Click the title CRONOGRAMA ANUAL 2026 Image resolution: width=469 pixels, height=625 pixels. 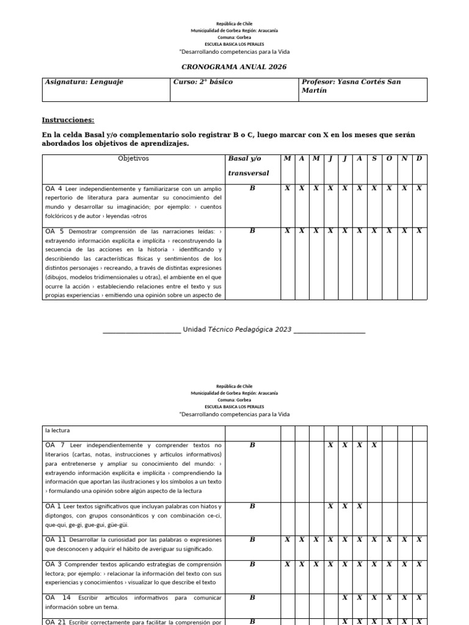234,67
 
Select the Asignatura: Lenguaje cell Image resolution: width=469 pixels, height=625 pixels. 84,82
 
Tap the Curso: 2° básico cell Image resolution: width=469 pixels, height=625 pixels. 202,82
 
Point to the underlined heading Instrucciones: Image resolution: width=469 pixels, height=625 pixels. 68,120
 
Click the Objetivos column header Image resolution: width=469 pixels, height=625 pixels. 133,159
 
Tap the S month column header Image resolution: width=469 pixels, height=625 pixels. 374,159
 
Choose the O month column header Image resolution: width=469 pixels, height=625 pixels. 389,159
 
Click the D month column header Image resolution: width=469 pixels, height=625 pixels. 419,159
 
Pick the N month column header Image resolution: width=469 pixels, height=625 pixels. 404,159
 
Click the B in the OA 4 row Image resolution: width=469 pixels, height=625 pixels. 252,189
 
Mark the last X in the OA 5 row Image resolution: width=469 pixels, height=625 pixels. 419,231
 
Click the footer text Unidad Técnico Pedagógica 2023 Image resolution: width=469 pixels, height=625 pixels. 241,330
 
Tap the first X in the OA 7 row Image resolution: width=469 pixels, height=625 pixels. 330,445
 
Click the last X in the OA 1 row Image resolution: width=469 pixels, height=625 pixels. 360,506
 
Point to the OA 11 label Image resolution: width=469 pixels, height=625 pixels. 56,540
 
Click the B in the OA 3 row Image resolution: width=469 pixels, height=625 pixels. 252,565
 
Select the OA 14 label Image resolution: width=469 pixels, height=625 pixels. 58,598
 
